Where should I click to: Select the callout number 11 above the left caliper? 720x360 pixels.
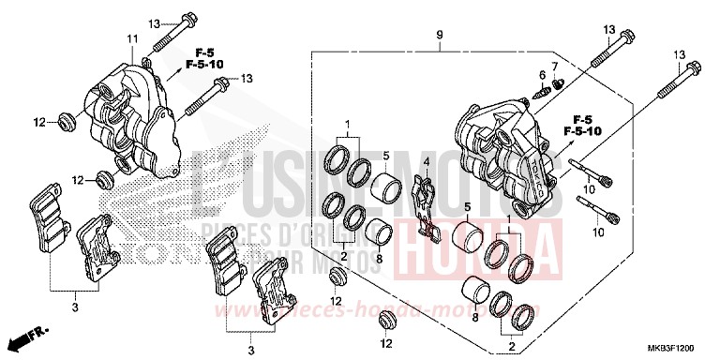click(x=132, y=37)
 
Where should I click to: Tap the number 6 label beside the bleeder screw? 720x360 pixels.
click(x=542, y=74)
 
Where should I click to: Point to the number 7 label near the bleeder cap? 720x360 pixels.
click(x=554, y=66)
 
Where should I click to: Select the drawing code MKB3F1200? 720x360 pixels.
click(x=682, y=346)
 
